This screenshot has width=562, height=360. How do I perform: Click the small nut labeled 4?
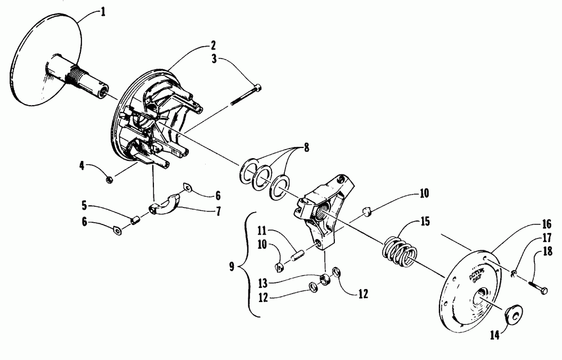point(110,179)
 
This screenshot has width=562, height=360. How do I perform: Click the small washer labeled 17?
point(514,273)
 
